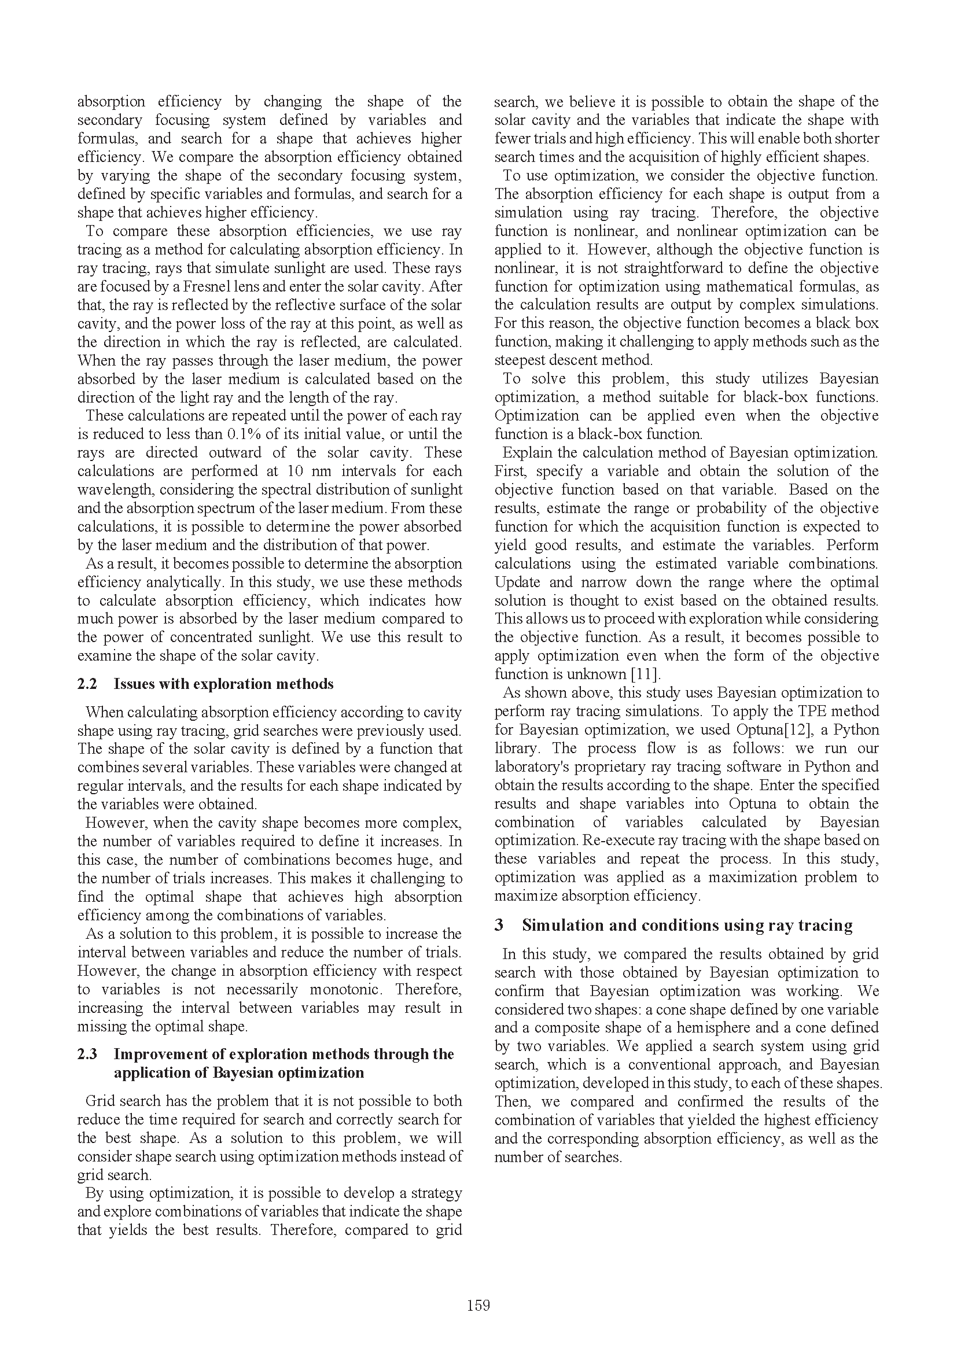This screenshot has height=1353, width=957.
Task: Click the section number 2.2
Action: click(87, 684)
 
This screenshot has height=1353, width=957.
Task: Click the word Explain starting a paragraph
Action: click(525, 453)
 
